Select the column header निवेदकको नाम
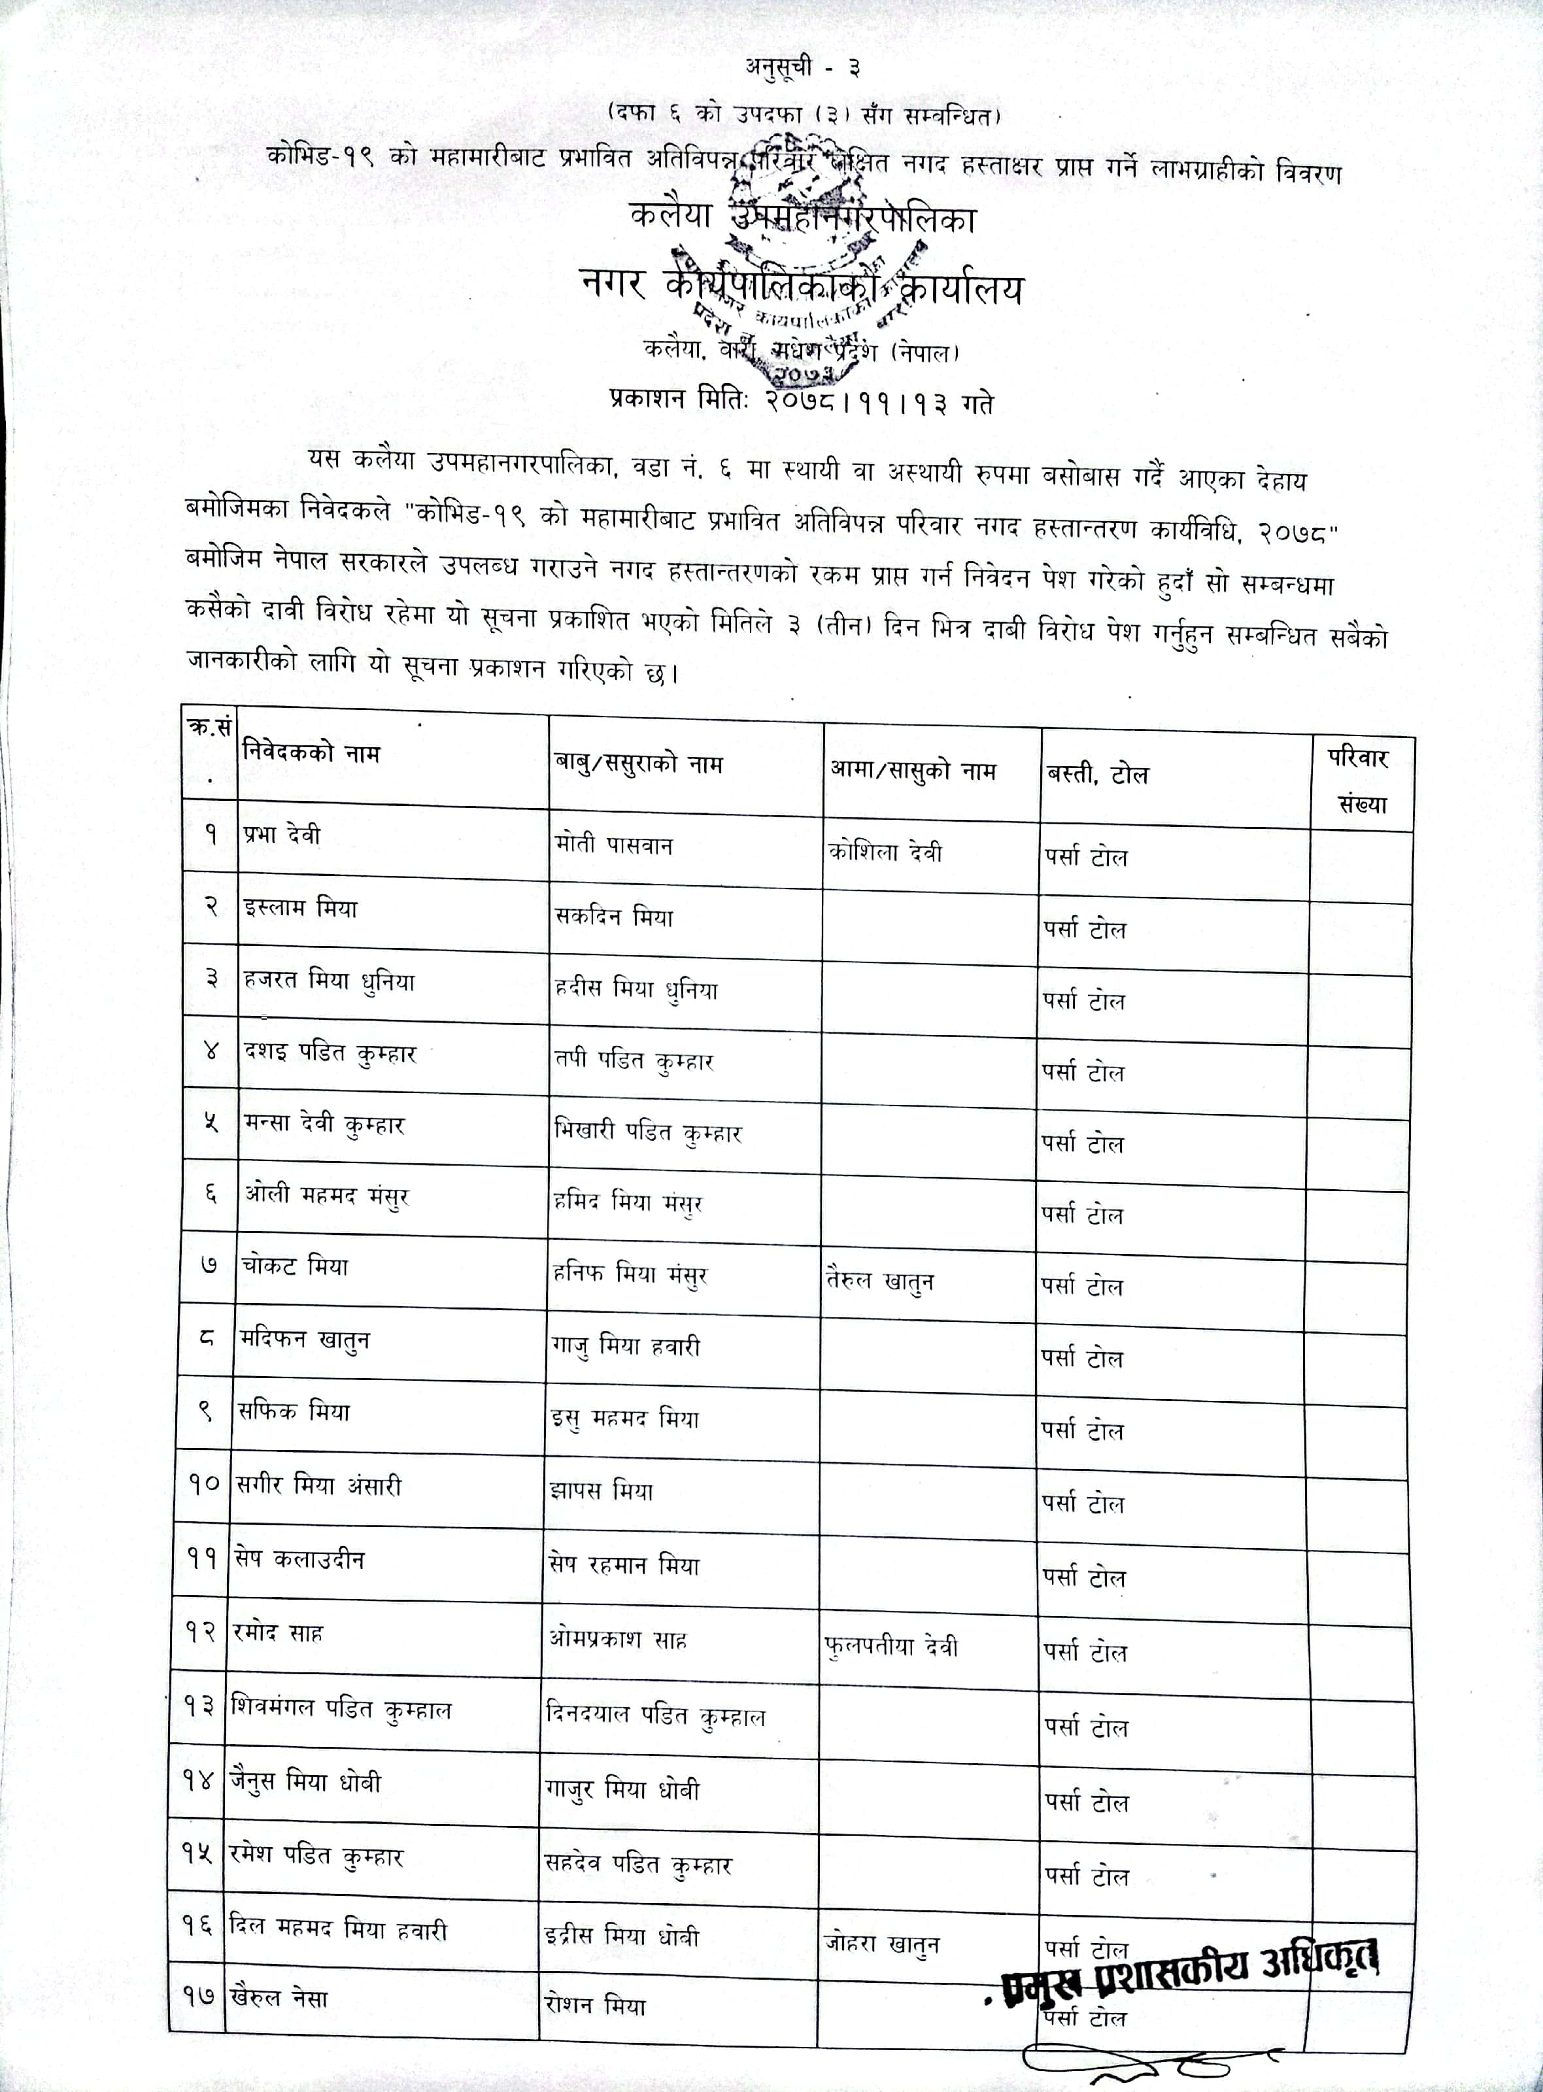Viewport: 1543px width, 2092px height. tap(311, 752)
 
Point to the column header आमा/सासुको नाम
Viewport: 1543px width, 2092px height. tap(913, 771)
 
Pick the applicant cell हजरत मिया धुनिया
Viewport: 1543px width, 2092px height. tap(329, 981)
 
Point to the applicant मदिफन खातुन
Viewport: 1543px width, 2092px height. tap(305, 1340)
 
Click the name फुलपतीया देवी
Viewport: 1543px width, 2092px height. tap(891, 1647)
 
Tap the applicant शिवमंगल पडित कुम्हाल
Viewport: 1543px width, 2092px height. tap(341, 1709)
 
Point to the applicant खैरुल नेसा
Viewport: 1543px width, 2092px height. tap(279, 1998)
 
